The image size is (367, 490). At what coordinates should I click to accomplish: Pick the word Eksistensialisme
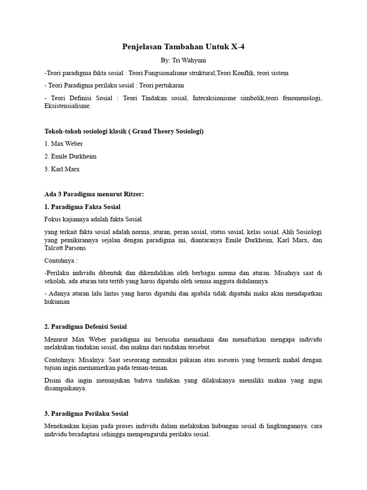[x=67, y=106]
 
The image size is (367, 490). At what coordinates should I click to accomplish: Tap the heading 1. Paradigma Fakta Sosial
[x=82, y=207]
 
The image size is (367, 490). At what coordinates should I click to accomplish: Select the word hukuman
[x=57, y=302]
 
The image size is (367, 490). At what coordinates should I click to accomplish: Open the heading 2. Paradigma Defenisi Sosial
[x=86, y=327]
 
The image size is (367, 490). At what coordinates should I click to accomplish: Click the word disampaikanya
[x=65, y=389]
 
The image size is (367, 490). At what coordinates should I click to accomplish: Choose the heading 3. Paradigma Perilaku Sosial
[x=86, y=413]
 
